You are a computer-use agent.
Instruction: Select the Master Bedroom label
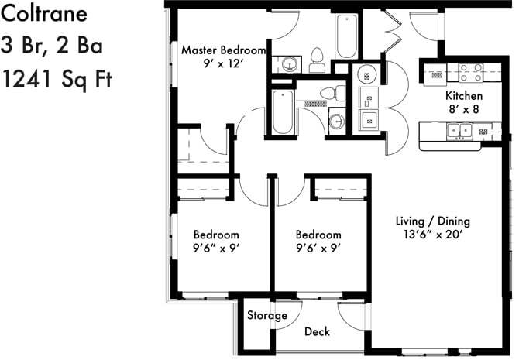[223, 50]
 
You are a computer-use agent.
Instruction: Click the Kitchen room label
[463, 95]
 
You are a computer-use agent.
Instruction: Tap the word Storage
[267, 316]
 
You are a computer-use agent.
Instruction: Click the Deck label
[317, 332]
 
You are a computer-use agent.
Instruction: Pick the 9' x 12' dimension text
[223, 64]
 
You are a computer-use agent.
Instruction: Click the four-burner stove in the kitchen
[470, 72]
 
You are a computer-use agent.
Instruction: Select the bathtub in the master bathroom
[345, 36]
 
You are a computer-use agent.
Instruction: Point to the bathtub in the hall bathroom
[280, 112]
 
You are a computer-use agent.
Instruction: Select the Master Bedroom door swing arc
[280, 23]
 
